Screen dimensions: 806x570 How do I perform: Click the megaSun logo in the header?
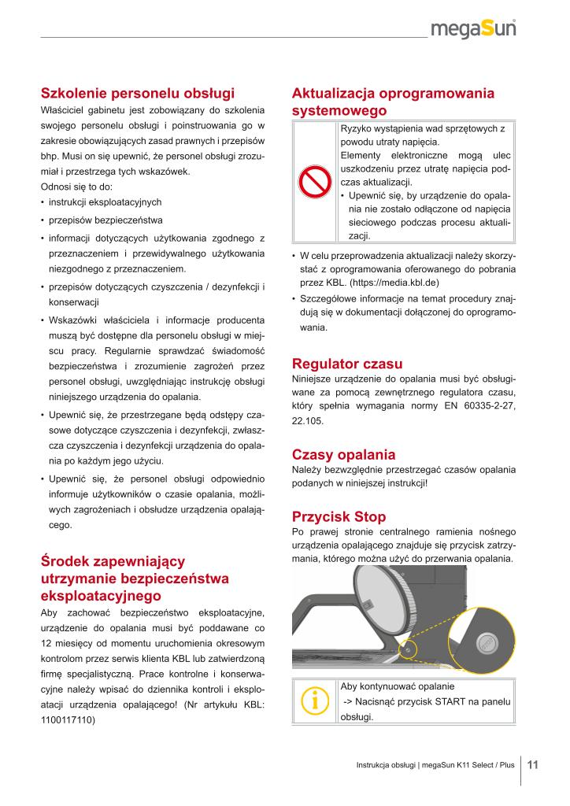(x=479, y=29)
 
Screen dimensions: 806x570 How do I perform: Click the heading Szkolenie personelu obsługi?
(x=138, y=93)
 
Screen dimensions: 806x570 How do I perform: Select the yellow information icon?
(x=313, y=700)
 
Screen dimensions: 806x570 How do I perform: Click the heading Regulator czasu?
(x=347, y=364)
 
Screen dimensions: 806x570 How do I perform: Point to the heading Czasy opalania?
(x=343, y=455)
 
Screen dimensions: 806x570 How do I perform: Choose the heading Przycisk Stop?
(x=339, y=516)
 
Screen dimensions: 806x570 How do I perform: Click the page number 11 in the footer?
(x=533, y=764)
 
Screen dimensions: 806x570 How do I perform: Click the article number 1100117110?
(x=68, y=719)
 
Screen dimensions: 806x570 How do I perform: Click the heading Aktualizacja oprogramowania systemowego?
(x=393, y=102)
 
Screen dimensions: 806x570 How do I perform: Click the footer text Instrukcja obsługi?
(x=385, y=765)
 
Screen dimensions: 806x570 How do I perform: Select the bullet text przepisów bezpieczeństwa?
(x=105, y=220)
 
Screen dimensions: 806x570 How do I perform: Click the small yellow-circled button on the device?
(x=409, y=650)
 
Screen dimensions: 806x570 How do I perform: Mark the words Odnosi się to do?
(x=76, y=187)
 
